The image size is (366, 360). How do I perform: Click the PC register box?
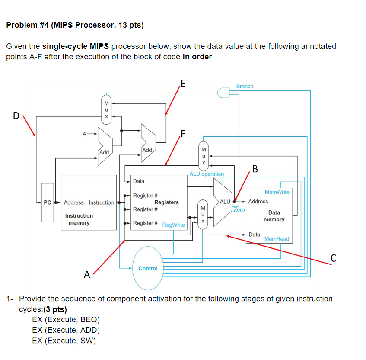point(48,202)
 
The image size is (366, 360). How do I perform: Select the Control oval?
point(148,268)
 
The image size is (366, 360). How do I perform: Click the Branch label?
point(245,87)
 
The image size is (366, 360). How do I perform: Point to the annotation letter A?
point(87,274)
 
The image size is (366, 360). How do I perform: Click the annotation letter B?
point(255,168)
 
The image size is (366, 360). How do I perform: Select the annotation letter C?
point(333,258)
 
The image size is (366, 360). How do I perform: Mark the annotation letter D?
point(16,116)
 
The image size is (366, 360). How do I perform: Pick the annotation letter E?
point(184,84)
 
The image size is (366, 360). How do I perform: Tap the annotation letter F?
point(184,134)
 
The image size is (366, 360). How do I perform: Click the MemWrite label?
point(277,192)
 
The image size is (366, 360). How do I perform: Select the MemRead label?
point(277,239)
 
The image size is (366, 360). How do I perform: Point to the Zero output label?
point(239,209)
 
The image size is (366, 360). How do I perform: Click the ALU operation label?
point(207,174)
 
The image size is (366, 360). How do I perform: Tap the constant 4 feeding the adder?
point(85,134)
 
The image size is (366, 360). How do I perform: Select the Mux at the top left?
point(105,110)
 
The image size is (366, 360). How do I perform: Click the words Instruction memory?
point(79,219)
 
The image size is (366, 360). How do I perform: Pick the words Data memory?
point(274,216)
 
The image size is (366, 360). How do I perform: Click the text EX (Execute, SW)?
point(64,341)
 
